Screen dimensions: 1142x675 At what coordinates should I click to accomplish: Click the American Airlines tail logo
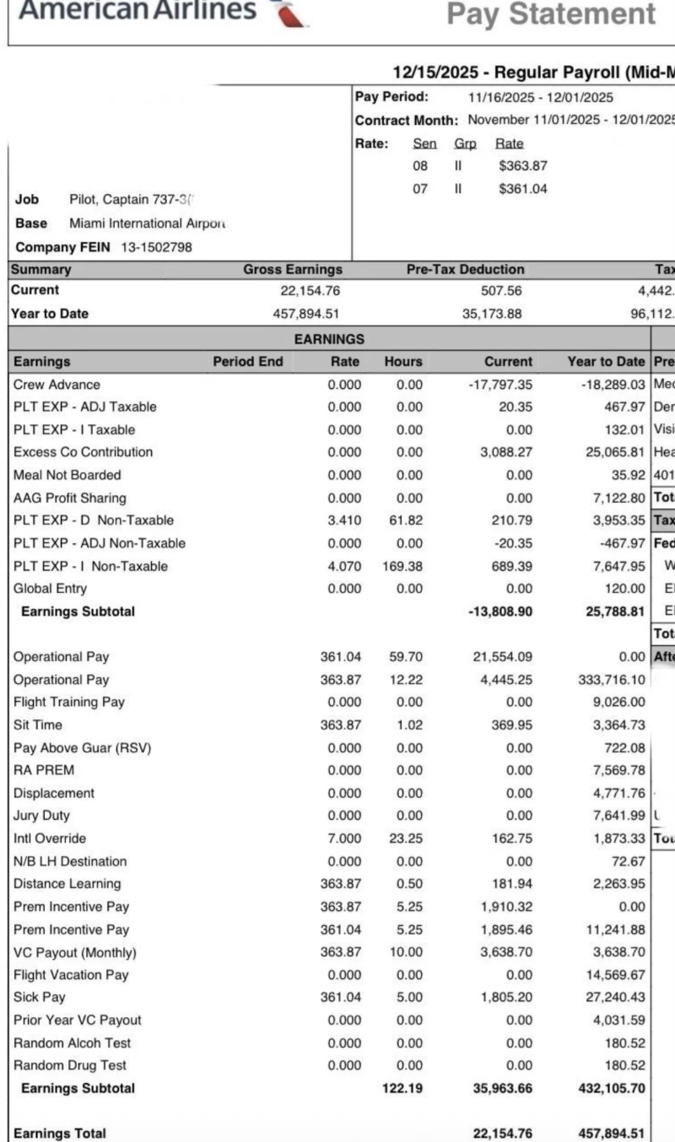coord(288,12)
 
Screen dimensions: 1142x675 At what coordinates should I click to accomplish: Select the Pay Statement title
coord(550,13)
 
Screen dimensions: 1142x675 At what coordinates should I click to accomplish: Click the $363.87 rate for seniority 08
coord(523,166)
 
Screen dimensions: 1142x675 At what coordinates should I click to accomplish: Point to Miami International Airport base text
coord(148,224)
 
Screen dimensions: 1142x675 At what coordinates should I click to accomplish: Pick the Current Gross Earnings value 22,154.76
coord(310,290)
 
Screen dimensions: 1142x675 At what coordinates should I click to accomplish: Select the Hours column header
coord(402,362)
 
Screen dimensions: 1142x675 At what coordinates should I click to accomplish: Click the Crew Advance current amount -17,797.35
coord(500,385)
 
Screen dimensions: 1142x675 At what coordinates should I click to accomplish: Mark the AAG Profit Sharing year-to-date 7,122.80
coord(613,498)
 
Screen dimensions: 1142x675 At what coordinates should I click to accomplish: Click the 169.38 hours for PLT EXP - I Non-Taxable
coord(402,566)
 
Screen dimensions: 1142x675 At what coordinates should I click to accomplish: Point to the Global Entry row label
coord(50,589)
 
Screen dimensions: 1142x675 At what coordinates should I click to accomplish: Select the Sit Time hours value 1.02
coord(408,725)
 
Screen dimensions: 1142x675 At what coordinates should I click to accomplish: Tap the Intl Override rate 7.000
coord(345,839)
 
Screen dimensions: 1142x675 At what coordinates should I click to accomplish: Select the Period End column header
coord(247,362)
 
